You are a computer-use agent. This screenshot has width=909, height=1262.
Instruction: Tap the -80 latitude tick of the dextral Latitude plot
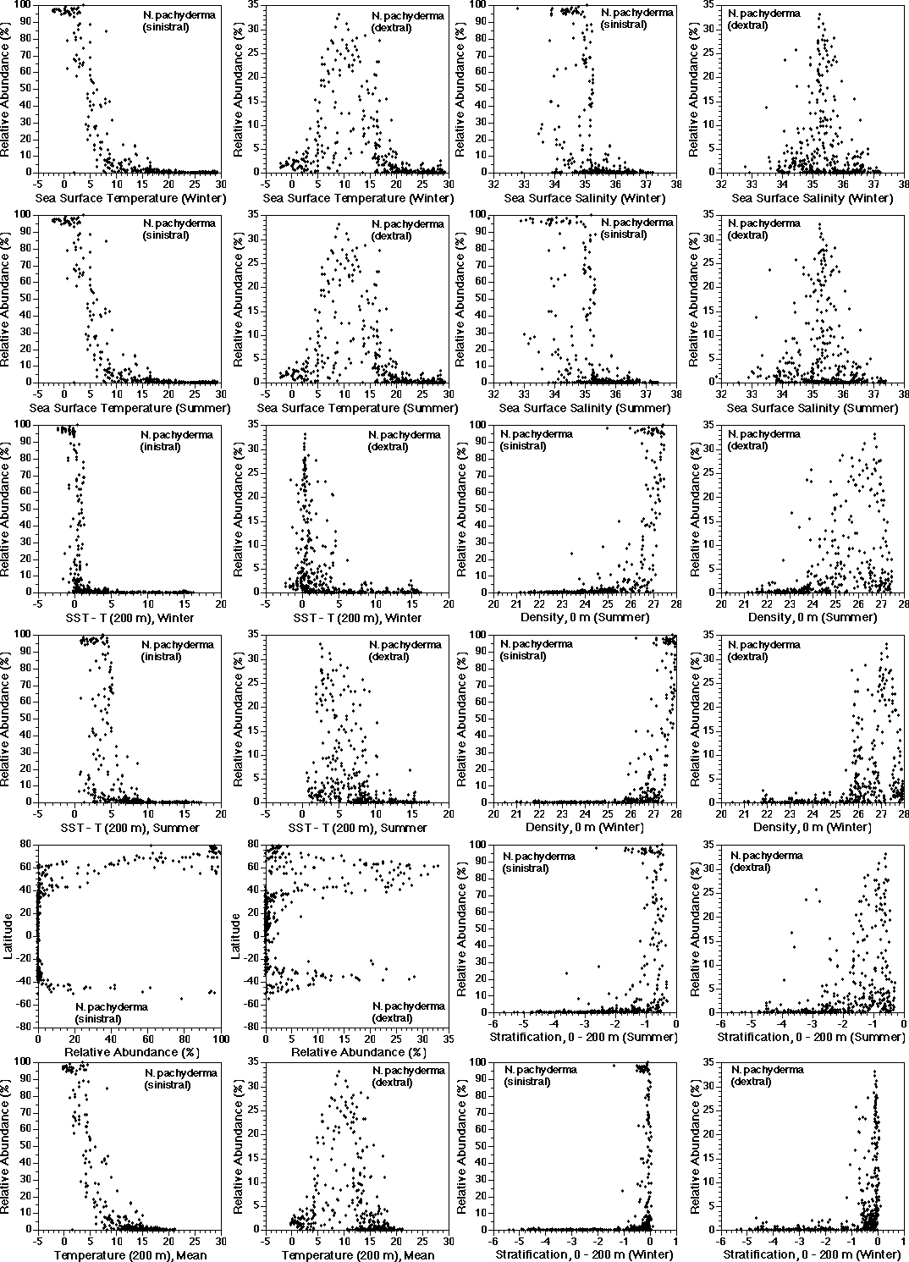pyautogui.click(x=254, y=1026)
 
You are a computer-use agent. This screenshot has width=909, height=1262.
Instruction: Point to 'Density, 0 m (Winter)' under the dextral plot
pyautogui.click(x=795, y=826)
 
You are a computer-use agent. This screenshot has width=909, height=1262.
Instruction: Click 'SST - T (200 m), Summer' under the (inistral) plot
pyautogui.click(x=129, y=826)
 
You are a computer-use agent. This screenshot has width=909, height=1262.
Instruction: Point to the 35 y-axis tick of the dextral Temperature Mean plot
pyautogui.click(x=254, y=1061)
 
